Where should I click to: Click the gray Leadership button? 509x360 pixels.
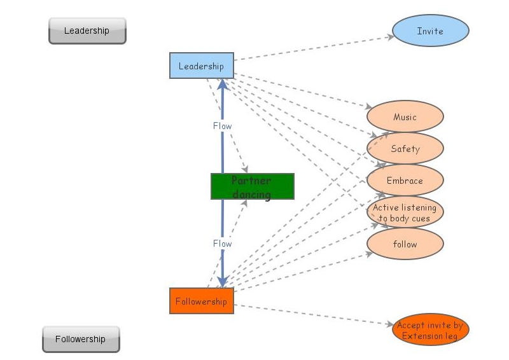(87, 31)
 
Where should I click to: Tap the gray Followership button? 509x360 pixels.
(81, 339)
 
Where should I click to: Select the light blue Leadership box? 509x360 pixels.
(201, 66)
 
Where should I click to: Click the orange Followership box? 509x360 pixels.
(201, 301)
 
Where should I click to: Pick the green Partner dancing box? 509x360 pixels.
(252, 186)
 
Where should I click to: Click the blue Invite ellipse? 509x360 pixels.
(430, 31)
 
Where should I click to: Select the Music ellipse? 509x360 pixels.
(405, 117)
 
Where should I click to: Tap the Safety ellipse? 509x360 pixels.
(405, 149)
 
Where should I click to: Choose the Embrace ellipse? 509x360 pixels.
(405, 181)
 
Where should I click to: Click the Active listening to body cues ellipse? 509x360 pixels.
(405, 212)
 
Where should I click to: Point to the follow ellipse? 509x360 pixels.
(405, 244)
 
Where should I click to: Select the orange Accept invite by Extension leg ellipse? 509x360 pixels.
(430, 331)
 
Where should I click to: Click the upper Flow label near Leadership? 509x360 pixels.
(222, 126)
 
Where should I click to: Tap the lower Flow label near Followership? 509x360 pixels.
(222, 244)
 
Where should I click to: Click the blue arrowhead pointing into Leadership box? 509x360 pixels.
(222, 84)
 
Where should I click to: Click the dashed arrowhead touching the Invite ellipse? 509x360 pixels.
(389, 38)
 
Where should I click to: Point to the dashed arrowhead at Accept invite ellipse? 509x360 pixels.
(389, 324)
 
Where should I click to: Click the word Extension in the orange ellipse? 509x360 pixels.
(424, 336)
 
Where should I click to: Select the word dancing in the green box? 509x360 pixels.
(251, 194)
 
